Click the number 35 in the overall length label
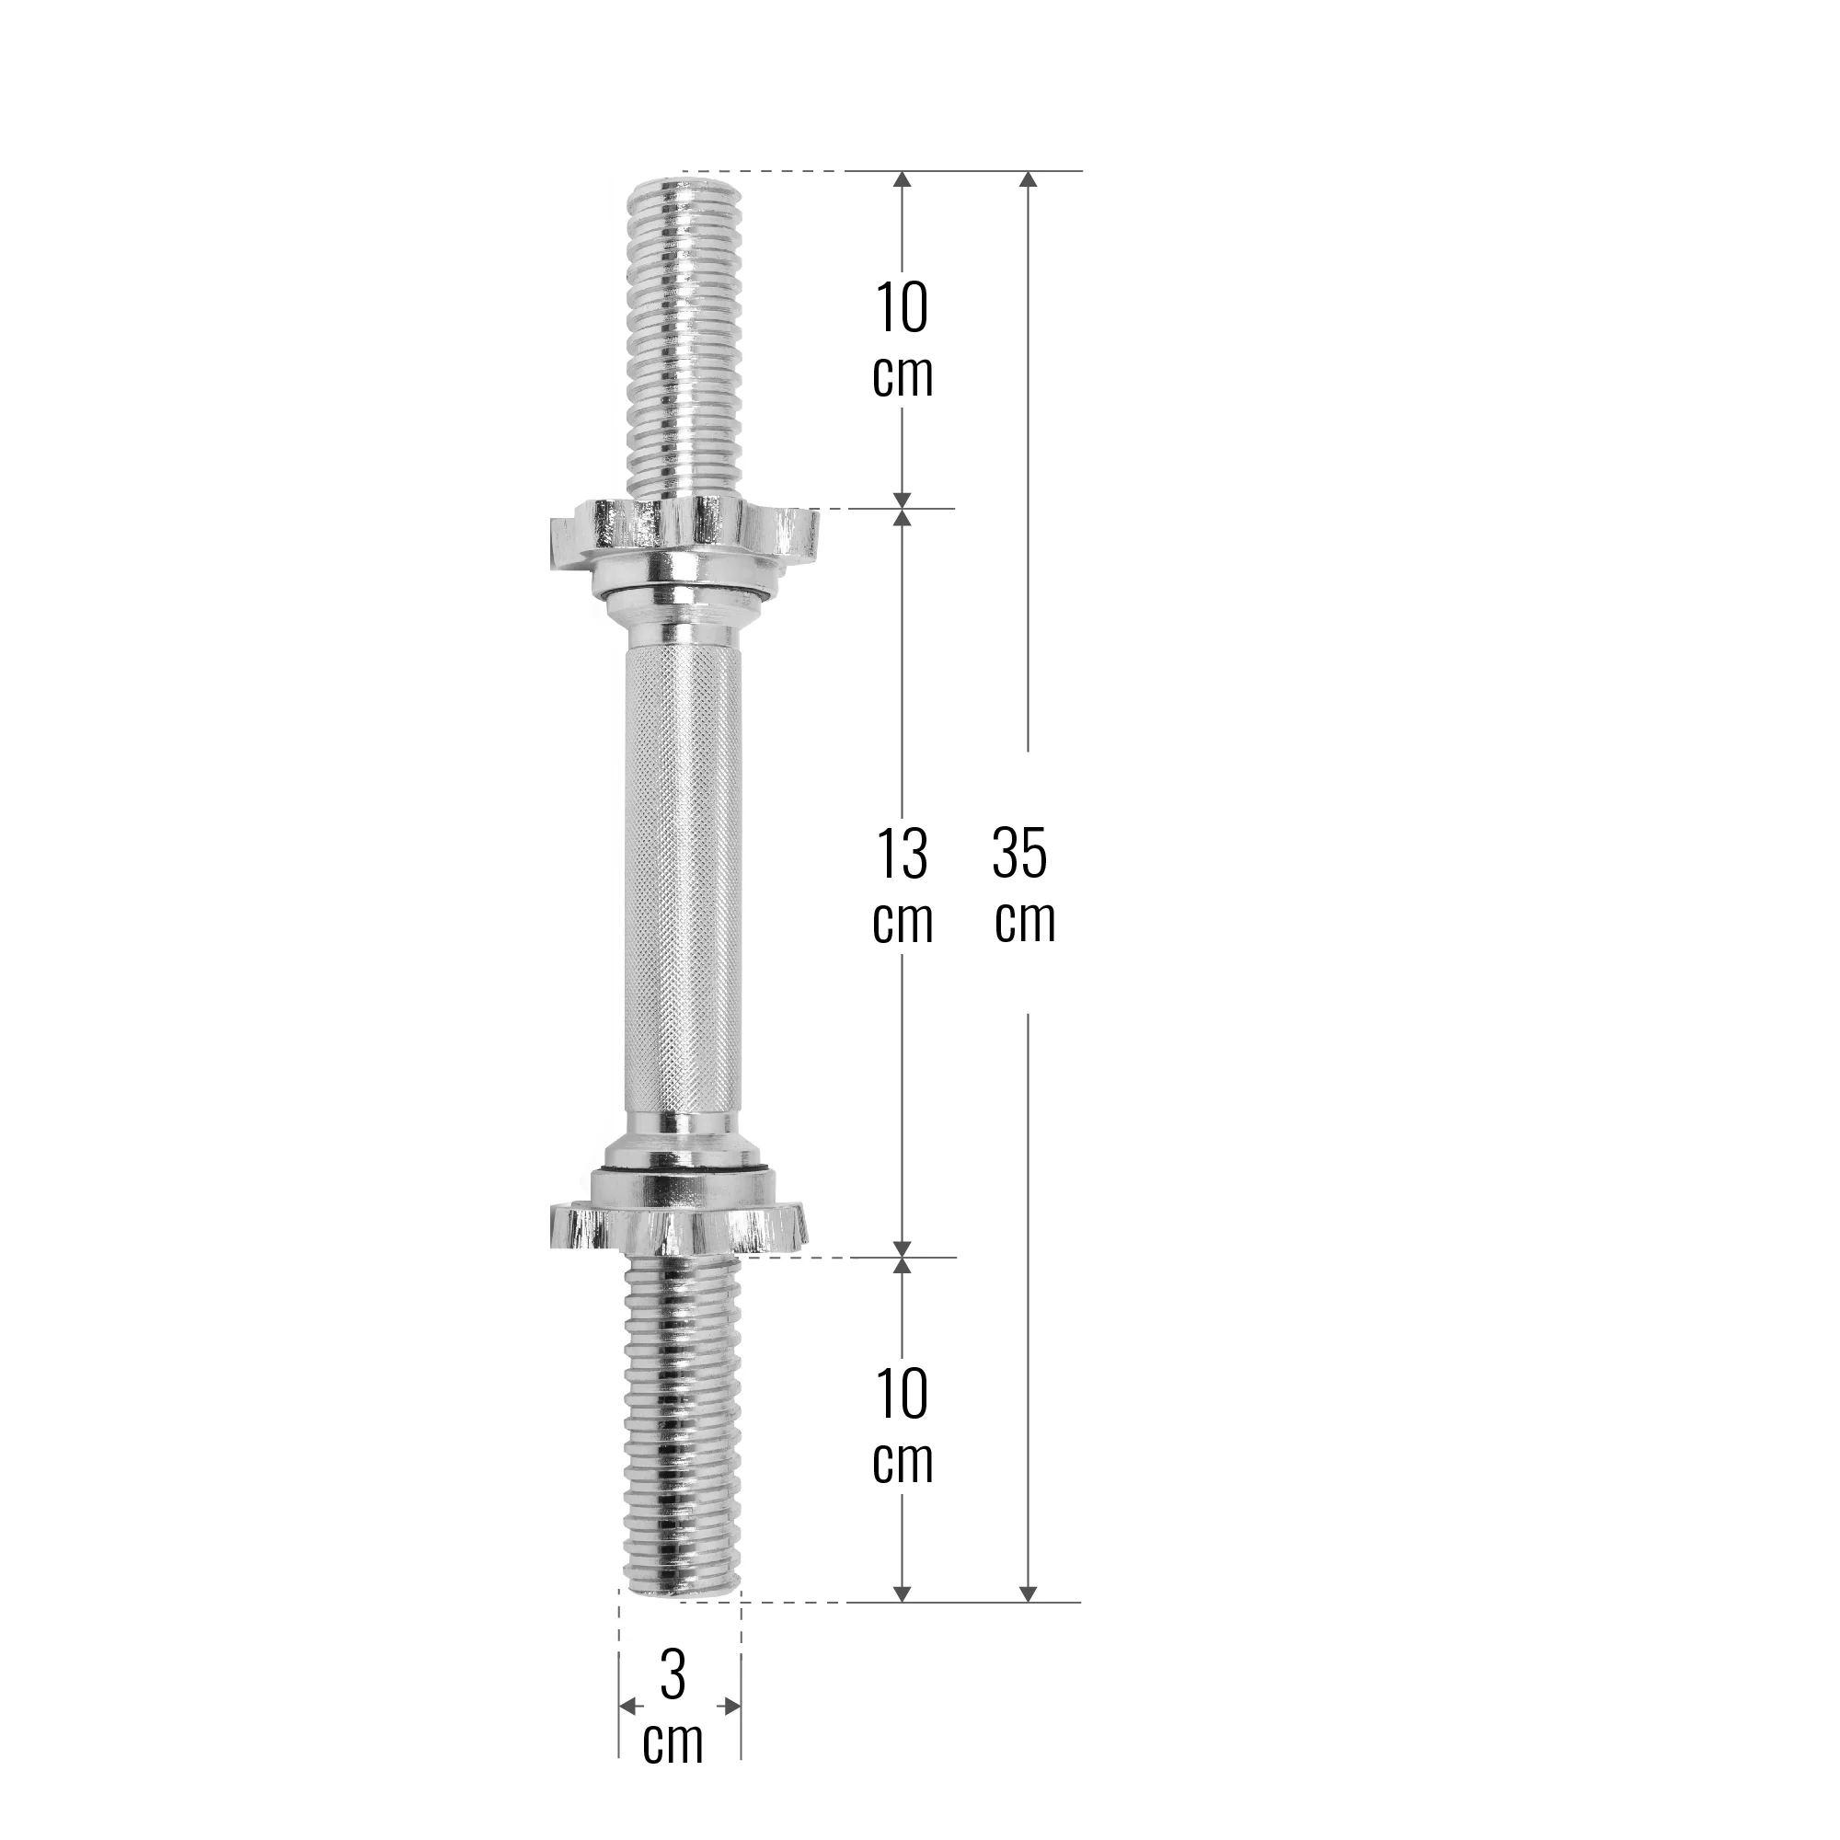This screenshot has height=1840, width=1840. (1019, 854)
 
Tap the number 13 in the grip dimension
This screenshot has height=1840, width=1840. (901, 854)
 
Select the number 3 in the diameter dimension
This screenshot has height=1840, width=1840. (673, 1675)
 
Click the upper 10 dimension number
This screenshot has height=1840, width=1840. (901, 307)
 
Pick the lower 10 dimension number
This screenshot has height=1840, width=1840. (901, 1395)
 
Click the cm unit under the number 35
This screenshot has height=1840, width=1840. (1025, 920)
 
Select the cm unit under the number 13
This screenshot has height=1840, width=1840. (903, 921)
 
